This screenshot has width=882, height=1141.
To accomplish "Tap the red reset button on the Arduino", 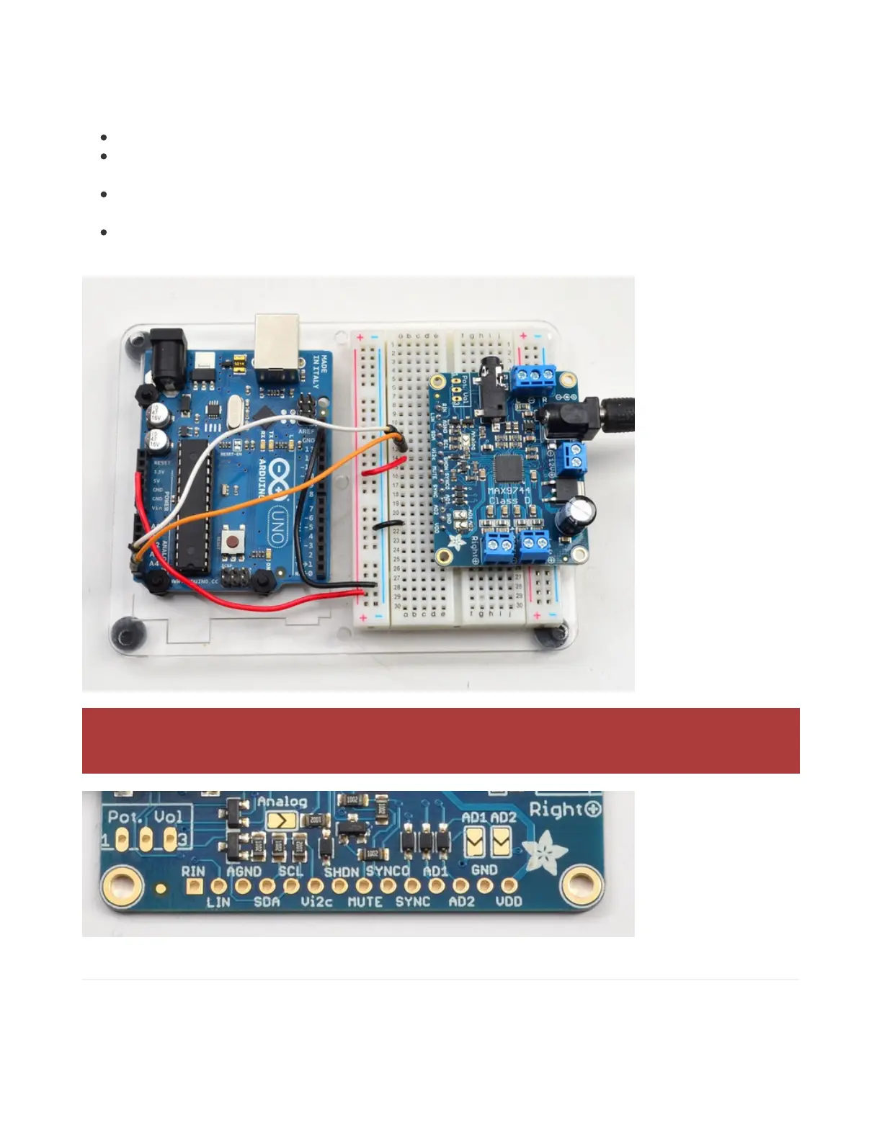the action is (233, 542).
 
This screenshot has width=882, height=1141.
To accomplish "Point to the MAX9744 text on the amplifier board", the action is (509, 491).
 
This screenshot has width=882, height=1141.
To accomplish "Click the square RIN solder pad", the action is (193, 885).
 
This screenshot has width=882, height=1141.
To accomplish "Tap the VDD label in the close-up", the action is (509, 901).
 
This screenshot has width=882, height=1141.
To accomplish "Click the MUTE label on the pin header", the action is (365, 901).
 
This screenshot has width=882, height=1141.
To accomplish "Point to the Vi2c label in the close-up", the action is (316, 901).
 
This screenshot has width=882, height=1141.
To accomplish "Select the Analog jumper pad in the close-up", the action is (281, 820).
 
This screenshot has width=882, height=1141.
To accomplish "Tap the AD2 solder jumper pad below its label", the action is (502, 840).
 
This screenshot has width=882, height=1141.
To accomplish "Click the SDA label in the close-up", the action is (267, 901).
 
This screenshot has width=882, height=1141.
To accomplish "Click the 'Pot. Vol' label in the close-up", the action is (146, 816).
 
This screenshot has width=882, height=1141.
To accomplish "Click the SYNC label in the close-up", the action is (413, 901).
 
